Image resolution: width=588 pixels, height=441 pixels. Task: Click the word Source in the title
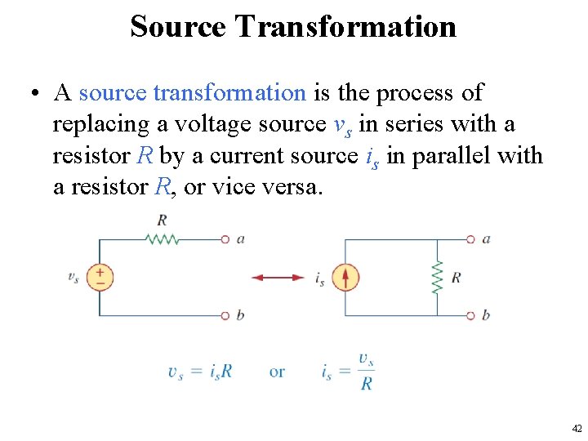point(179,26)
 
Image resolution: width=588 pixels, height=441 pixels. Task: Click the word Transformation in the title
point(345,26)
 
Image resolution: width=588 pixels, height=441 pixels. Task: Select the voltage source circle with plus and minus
point(100,277)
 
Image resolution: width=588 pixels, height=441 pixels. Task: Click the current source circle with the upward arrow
point(345,278)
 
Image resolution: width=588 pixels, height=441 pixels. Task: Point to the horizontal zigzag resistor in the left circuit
point(162,239)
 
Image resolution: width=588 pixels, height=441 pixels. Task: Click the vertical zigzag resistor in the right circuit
point(437,278)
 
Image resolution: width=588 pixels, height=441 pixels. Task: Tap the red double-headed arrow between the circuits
point(278,278)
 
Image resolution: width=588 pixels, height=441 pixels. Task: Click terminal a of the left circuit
point(225,239)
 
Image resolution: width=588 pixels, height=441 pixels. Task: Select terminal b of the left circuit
point(225,315)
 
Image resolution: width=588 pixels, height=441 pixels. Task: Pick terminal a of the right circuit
point(470,239)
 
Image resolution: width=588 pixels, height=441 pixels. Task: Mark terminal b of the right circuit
point(470,315)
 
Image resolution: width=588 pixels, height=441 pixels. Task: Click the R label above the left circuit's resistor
point(162,219)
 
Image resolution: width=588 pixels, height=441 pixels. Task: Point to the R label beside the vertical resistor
point(456,278)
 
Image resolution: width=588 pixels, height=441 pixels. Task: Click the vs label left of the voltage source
point(73,277)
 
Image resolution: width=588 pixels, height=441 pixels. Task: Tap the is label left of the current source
point(319,278)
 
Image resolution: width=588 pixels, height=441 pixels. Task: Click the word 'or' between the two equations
point(277,372)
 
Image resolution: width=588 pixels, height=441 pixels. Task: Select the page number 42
point(577,428)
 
